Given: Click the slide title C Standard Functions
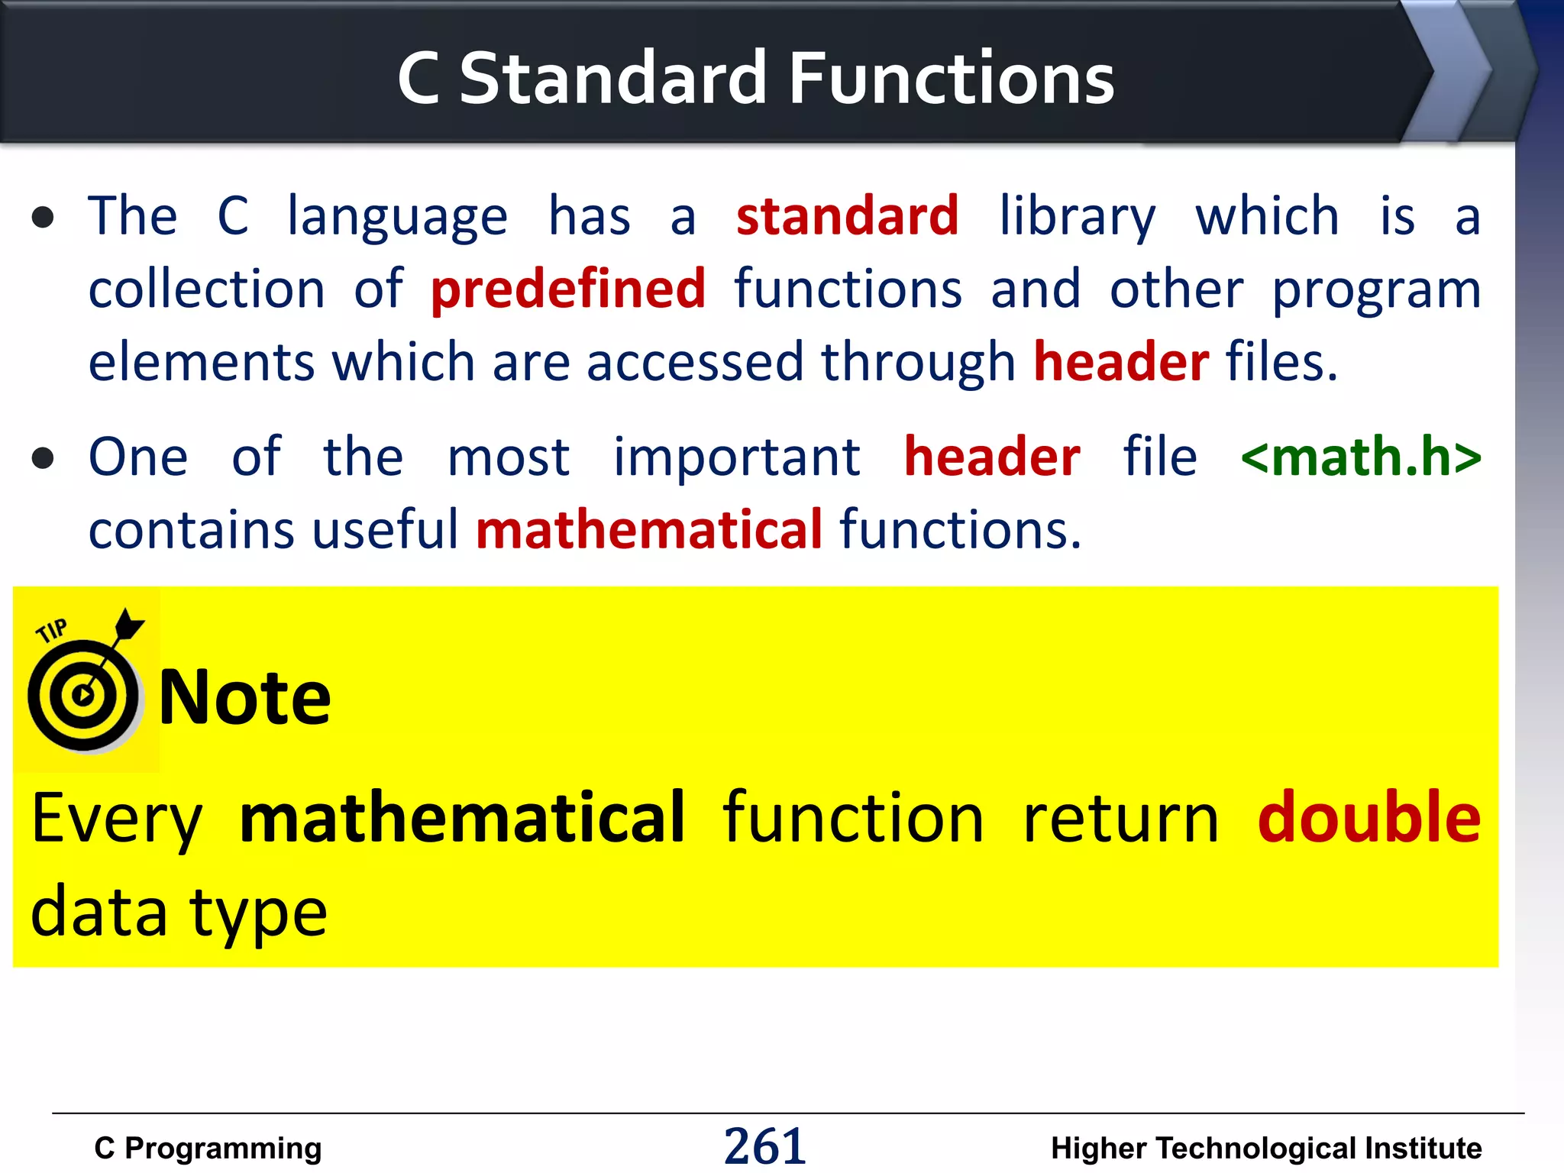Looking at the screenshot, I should pyautogui.click(x=755, y=78).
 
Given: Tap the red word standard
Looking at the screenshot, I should pyautogui.click(x=847, y=216).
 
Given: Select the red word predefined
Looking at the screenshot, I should pyautogui.click(x=568, y=289).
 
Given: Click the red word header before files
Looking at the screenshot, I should pyautogui.click(x=1120, y=362).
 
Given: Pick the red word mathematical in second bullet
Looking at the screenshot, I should pyautogui.click(x=649, y=530).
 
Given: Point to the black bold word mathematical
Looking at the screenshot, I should pyautogui.click(x=462, y=819).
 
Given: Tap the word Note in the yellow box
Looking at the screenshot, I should pyautogui.click(x=244, y=697).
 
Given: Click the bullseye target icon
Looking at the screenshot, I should pyautogui.click(x=82, y=696).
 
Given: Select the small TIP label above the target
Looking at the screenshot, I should pyautogui.click(x=52, y=631).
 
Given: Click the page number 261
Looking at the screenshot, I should pyautogui.click(x=764, y=1146).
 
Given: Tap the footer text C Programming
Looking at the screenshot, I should pyautogui.click(x=208, y=1149).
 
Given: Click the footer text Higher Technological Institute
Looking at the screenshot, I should pyautogui.click(x=1265, y=1149).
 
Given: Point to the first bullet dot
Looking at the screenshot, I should pyautogui.click(x=44, y=218).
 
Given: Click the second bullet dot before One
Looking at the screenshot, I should pyautogui.click(x=44, y=458).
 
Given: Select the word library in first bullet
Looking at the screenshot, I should pyautogui.click(x=1077, y=218).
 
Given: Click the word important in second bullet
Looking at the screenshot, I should pyautogui.click(x=737, y=458).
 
